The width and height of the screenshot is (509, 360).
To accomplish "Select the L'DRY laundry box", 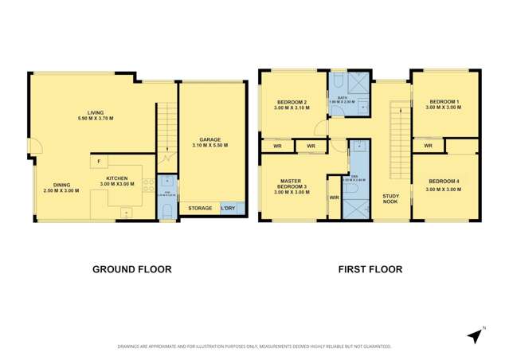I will tap(232, 208).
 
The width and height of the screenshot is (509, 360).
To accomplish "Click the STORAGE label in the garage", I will tap(200, 208).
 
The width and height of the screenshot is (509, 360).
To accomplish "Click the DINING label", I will tap(61, 186).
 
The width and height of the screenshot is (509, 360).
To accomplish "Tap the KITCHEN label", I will tap(117, 181).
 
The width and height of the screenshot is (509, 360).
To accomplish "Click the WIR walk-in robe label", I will tap(335, 197).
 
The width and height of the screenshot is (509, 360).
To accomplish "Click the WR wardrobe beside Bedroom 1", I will tap(428, 146).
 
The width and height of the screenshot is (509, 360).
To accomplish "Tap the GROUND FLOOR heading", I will tap(131, 269).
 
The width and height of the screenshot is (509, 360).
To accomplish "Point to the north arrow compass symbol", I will tap(475, 335).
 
